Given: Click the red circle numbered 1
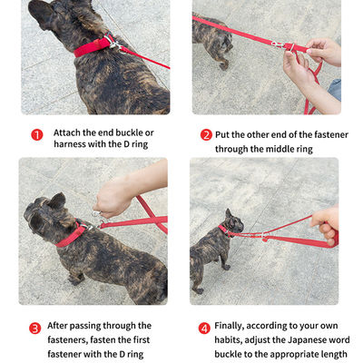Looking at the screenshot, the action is (x=37, y=134).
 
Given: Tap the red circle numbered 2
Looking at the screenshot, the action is (x=206, y=134).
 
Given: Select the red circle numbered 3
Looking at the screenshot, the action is (x=34, y=329).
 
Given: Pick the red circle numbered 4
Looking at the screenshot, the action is (x=204, y=329).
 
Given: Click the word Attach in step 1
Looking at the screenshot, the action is (x=67, y=132).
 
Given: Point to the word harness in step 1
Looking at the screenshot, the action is (x=70, y=143).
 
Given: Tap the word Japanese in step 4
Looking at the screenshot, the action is (x=307, y=340).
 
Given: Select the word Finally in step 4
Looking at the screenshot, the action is (x=229, y=326).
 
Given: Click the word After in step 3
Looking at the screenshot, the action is (x=57, y=326).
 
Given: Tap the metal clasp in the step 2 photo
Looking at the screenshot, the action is (x=278, y=44).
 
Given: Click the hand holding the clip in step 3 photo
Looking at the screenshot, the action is (x=113, y=197).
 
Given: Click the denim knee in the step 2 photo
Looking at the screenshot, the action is (x=335, y=89).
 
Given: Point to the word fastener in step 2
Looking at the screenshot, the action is (x=331, y=134).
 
